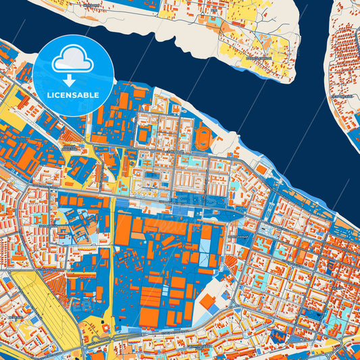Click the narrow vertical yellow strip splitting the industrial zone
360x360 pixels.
111,257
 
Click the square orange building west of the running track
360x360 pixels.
143,134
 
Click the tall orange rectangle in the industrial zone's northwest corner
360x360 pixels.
123,230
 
